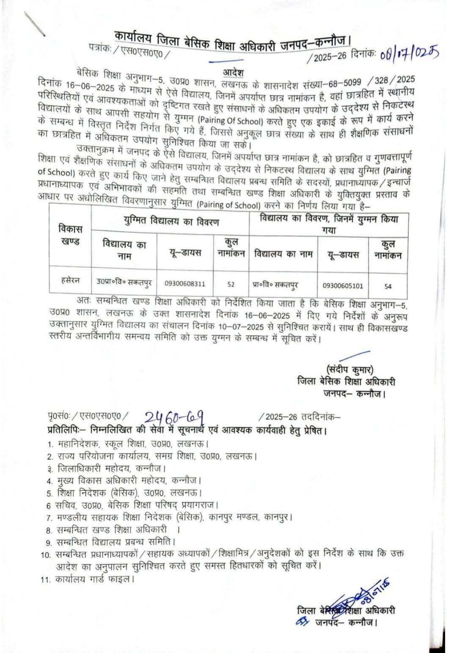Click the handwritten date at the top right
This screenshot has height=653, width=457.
(409, 54)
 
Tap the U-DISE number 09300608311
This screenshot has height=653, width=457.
(185, 284)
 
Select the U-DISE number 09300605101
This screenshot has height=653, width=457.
(343, 285)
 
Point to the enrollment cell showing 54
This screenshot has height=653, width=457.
(388, 286)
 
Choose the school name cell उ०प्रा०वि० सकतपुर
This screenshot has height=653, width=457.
(124, 282)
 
